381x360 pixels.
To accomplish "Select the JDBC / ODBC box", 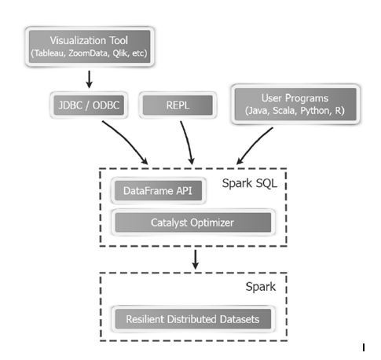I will point(89,105).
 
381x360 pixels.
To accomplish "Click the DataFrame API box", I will point(155,191).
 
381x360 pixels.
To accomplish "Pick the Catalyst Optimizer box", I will point(192,222).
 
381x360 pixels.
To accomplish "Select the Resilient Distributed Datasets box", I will point(192,319).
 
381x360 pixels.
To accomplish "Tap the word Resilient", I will point(146,319).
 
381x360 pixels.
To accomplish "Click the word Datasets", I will point(243,319).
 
